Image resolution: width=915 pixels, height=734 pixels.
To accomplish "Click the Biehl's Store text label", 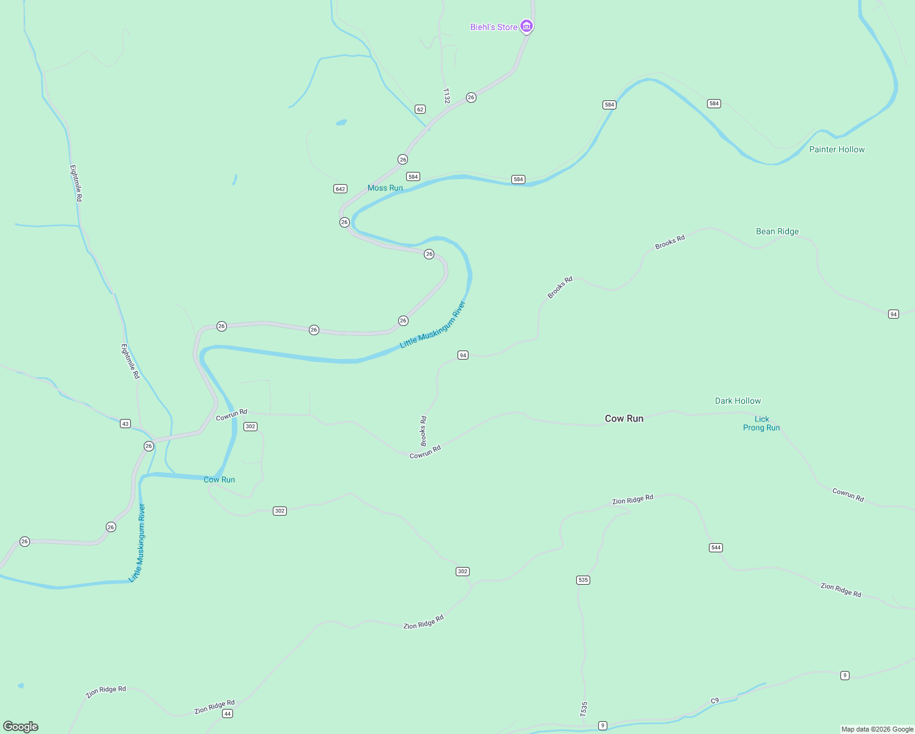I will [x=493, y=27].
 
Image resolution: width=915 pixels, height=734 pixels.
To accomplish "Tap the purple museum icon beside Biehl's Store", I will [x=527, y=26].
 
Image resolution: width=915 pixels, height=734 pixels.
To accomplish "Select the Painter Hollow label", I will [x=837, y=149].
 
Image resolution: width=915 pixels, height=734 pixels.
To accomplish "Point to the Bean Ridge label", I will [x=777, y=231].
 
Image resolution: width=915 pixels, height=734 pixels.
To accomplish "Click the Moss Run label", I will [x=385, y=188].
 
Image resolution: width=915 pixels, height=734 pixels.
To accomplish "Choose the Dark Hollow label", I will [x=738, y=401].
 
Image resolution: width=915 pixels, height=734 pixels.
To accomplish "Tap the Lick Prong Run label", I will [x=761, y=423].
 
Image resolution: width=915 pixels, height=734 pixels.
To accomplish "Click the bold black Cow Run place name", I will [x=624, y=418].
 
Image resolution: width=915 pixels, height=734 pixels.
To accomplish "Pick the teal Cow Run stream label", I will [x=219, y=480].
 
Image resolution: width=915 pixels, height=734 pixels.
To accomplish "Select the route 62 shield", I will [x=420, y=109].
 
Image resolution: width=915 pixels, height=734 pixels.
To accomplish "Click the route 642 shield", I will [x=340, y=189].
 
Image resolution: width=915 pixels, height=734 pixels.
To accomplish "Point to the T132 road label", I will [x=446, y=96].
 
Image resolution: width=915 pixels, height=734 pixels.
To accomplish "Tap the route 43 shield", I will [x=125, y=423].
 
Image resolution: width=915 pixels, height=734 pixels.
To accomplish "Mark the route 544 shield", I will [x=716, y=547].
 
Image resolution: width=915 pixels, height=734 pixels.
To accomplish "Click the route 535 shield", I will [x=583, y=580].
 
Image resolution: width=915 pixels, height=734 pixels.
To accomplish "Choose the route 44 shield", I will [x=228, y=714].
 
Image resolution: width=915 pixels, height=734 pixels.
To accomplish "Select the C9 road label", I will [x=714, y=700].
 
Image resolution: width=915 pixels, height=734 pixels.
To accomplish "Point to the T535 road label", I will [x=584, y=709].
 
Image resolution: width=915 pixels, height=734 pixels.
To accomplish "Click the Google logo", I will [x=21, y=727].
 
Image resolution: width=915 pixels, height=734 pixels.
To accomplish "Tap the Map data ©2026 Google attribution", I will [x=877, y=729].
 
